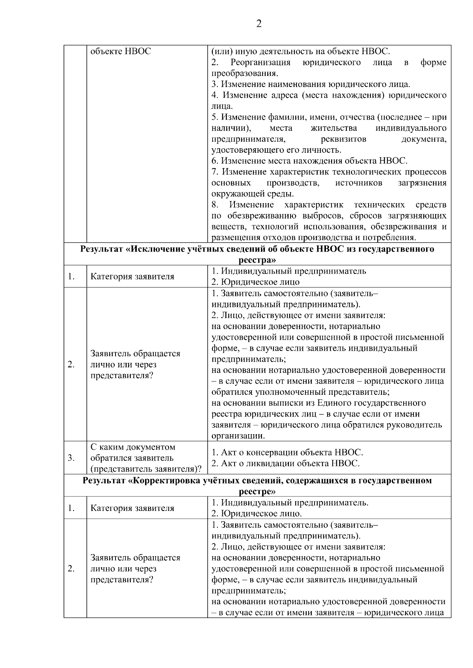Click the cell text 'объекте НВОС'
coord(121,52)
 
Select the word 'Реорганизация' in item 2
coord(260,63)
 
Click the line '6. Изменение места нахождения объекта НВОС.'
coord(309,161)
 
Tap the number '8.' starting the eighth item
coord(215,205)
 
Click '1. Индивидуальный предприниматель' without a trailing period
coord(289,271)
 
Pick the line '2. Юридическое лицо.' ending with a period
coord(257,514)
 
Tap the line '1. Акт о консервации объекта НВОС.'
coord(287,452)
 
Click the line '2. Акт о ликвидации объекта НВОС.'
coord(285,463)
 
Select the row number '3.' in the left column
coord(71,458)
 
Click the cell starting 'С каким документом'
coord(133,447)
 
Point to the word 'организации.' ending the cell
coord(238,436)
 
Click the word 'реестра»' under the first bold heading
coord(257,260)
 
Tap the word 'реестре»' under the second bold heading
coord(257,492)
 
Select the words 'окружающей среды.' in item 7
coord(252,194)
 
